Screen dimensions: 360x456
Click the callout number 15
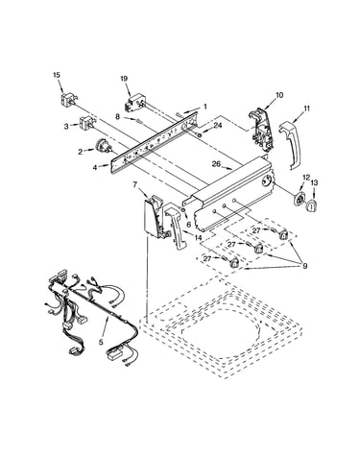[56, 75]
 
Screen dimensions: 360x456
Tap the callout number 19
[124, 79]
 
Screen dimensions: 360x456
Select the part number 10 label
[279, 95]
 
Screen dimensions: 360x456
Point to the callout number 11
[307, 108]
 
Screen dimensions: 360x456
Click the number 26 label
[216, 164]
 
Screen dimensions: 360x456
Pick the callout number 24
[218, 126]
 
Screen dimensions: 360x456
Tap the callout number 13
[314, 183]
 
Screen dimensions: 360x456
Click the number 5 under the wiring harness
[101, 342]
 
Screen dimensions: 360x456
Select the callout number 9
[304, 266]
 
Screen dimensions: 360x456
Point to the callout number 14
[198, 237]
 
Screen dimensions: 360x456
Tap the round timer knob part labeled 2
[104, 147]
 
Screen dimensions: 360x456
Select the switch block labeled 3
[86, 123]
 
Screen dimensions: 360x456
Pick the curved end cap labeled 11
[290, 145]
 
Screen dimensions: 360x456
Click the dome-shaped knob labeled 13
[312, 204]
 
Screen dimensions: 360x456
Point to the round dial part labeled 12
[300, 201]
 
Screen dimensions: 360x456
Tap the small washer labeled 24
[200, 135]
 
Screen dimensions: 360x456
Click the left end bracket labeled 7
[155, 217]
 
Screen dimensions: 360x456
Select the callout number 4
[95, 167]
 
